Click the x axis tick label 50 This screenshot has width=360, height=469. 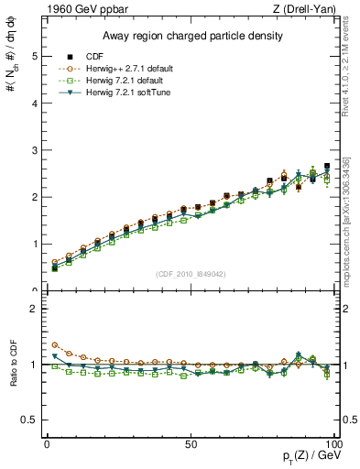click(x=190, y=443)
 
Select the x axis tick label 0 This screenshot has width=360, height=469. click(x=47, y=443)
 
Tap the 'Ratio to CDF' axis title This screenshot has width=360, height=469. click(x=12, y=365)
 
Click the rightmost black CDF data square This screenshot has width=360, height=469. click(x=327, y=167)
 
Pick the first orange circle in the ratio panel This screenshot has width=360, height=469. click(x=54, y=345)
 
